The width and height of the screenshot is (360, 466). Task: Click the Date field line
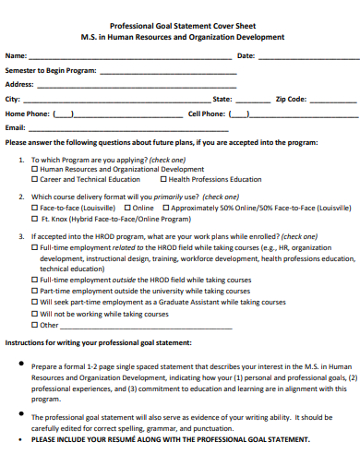(x=295, y=58)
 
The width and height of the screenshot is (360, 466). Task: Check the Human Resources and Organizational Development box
(x=35, y=170)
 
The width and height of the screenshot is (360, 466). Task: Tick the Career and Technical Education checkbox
(x=35, y=180)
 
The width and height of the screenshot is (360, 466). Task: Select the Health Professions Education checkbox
(x=162, y=180)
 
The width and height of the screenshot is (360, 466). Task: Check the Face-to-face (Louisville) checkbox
(x=35, y=209)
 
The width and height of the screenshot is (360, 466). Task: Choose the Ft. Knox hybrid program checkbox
(x=35, y=219)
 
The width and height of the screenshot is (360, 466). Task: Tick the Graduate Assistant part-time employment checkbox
(x=35, y=302)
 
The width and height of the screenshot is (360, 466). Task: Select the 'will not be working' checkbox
(x=35, y=313)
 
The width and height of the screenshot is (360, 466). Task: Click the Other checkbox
(x=35, y=325)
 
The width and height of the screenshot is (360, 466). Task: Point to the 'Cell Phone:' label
(x=207, y=114)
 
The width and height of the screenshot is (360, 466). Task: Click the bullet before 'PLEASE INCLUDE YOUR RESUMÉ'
(x=21, y=439)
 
